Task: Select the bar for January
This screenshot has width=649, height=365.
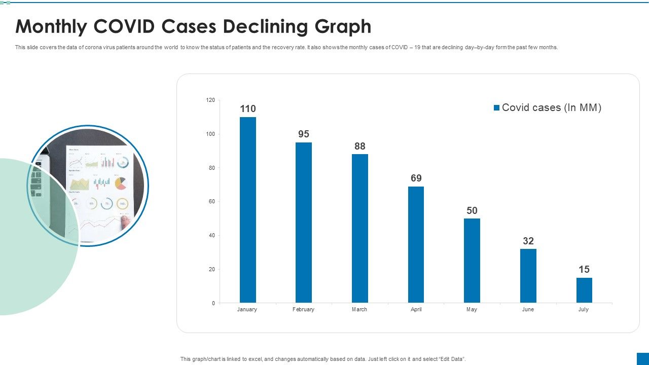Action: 248,210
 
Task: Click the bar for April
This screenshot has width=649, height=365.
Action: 416,244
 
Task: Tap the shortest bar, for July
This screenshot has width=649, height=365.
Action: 584,290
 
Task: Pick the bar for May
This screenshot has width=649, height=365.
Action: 472,261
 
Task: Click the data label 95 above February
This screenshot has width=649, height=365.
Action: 304,134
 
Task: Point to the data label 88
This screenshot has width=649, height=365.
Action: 360,147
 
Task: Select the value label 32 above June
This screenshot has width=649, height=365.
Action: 528,241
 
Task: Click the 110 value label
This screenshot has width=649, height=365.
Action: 248,109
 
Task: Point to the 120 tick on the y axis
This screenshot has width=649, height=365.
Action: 210,100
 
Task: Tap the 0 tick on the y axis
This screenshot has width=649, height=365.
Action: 213,303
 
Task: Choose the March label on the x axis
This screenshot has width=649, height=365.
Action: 359,310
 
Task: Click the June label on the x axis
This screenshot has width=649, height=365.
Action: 528,310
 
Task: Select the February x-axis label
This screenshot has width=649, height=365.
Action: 303,310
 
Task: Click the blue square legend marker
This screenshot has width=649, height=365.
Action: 497,108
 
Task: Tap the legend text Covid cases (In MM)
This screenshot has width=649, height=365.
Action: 551,107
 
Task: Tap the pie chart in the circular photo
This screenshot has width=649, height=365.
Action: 121,184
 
